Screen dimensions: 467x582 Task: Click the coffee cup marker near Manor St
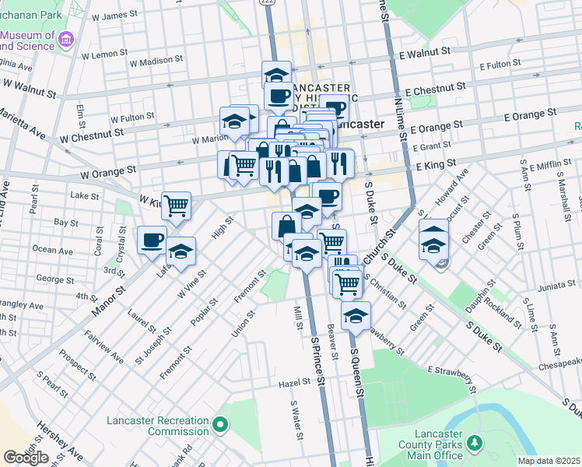[x=152, y=239]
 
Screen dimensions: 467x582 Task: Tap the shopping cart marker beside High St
[x=177, y=206]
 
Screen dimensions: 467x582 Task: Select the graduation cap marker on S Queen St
[x=356, y=315]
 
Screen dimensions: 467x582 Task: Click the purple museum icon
[x=66, y=39]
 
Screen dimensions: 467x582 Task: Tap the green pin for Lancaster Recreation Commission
[x=221, y=425]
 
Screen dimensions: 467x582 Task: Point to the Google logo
[x=26, y=458]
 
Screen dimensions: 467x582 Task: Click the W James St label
[x=114, y=16]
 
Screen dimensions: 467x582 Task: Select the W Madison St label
[x=156, y=59]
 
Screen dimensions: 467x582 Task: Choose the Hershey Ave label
[x=59, y=440]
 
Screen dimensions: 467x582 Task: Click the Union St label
[x=243, y=325]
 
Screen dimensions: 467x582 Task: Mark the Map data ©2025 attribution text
[x=549, y=461]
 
